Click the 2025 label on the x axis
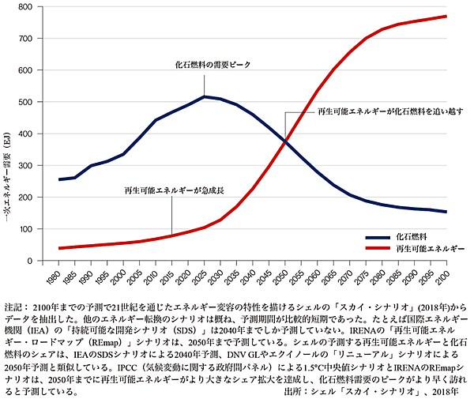[x=203, y=278]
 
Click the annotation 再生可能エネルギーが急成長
[x=169, y=191]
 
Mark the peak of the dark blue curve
[x=204, y=96]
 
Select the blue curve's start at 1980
[x=60, y=179]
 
